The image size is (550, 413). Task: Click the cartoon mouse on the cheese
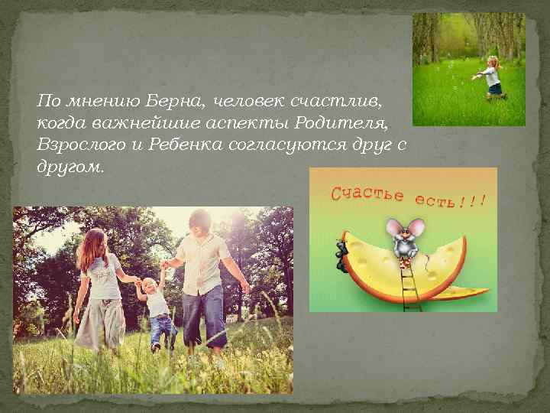[404, 237]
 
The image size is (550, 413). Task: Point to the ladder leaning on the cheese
[411, 283]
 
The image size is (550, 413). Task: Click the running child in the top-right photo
[493, 76]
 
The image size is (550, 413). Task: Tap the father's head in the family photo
[200, 223]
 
